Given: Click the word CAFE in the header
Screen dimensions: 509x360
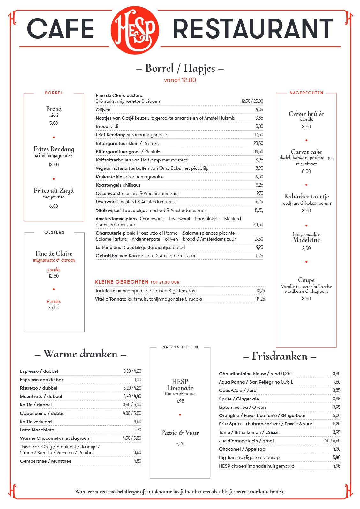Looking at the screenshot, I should [60, 29].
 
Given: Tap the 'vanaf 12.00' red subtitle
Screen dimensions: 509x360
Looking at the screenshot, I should [180, 80].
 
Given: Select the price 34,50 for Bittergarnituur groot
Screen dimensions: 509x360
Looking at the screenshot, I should [258, 152].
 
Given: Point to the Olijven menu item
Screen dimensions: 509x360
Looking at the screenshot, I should [103, 110].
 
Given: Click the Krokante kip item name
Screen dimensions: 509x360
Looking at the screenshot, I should [109, 177].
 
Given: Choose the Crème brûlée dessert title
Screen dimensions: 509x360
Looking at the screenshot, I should [306, 114].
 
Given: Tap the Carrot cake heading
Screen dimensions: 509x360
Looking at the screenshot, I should [306, 152].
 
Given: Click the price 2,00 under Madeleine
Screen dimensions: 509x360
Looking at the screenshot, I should [306, 248].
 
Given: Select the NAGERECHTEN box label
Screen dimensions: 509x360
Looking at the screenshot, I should [306, 93].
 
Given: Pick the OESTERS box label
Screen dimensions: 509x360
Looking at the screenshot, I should [54, 232].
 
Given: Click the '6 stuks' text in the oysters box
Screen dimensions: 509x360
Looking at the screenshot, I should [54, 301].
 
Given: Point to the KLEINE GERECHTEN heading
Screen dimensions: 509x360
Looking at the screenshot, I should [122, 282].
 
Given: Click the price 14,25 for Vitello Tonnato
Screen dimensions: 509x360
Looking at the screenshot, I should [260, 299].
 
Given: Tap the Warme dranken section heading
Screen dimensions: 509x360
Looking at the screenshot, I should [80, 354].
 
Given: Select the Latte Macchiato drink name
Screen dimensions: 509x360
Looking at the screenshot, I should [37, 430].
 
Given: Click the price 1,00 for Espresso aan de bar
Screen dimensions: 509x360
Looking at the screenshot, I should [138, 380].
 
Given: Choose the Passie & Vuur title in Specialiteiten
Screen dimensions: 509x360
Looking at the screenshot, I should [180, 433].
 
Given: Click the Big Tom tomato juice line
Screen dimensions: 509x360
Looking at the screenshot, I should [249, 457].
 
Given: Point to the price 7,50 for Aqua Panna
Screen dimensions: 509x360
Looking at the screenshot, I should [337, 382].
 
